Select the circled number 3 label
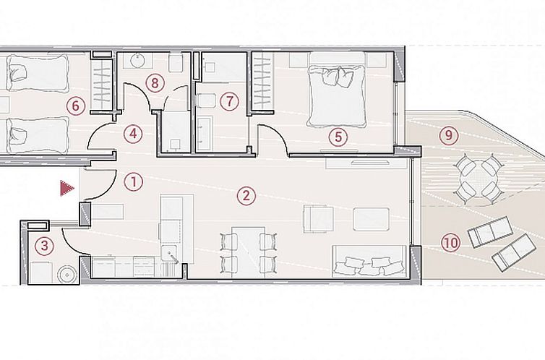(x=45, y=245)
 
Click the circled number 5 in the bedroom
(x=337, y=134)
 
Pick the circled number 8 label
(x=153, y=82)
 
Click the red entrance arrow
(x=66, y=189)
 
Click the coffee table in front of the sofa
(x=372, y=218)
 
